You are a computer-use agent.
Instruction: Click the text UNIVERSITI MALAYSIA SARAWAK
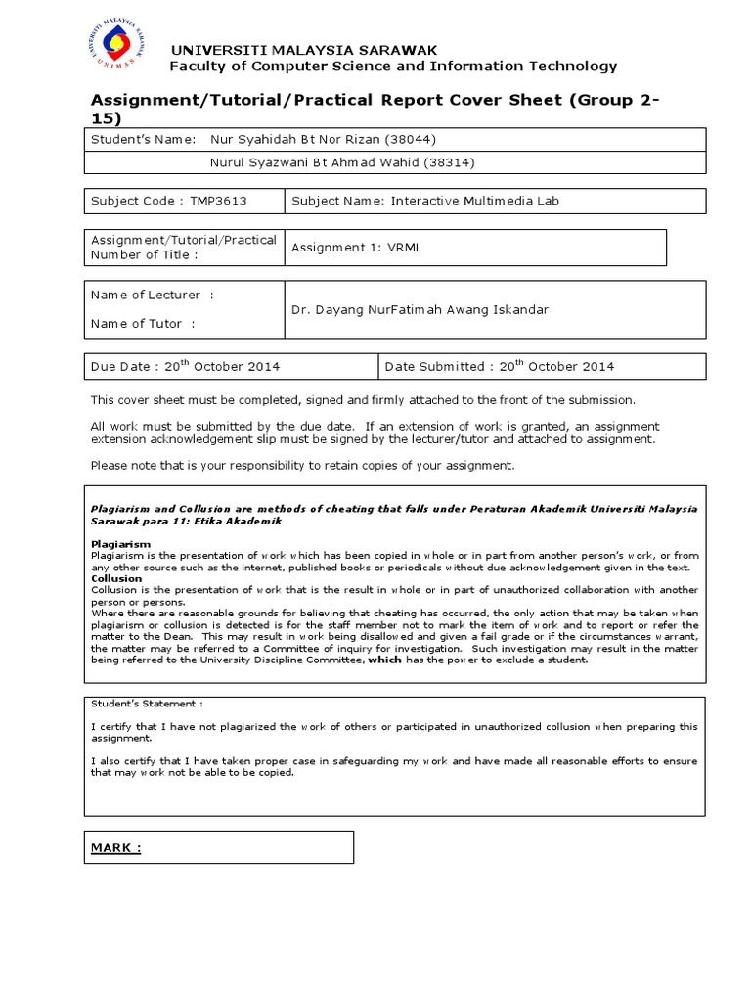tap(303, 50)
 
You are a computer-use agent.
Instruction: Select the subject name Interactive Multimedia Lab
tap(475, 201)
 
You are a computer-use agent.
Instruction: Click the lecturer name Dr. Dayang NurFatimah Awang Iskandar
tap(420, 309)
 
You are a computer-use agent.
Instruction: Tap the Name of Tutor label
tap(143, 324)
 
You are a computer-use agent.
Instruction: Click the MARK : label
tap(116, 847)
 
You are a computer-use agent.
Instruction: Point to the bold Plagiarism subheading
tap(120, 543)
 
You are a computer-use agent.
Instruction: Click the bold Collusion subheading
tap(116, 578)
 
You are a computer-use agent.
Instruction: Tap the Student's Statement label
tap(147, 703)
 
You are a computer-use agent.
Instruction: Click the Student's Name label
tap(143, 139)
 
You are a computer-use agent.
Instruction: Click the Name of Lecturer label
tap(152, 295)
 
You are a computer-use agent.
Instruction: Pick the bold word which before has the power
tap(384, 660)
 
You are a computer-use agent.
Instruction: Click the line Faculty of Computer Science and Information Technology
tap(393, 67)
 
